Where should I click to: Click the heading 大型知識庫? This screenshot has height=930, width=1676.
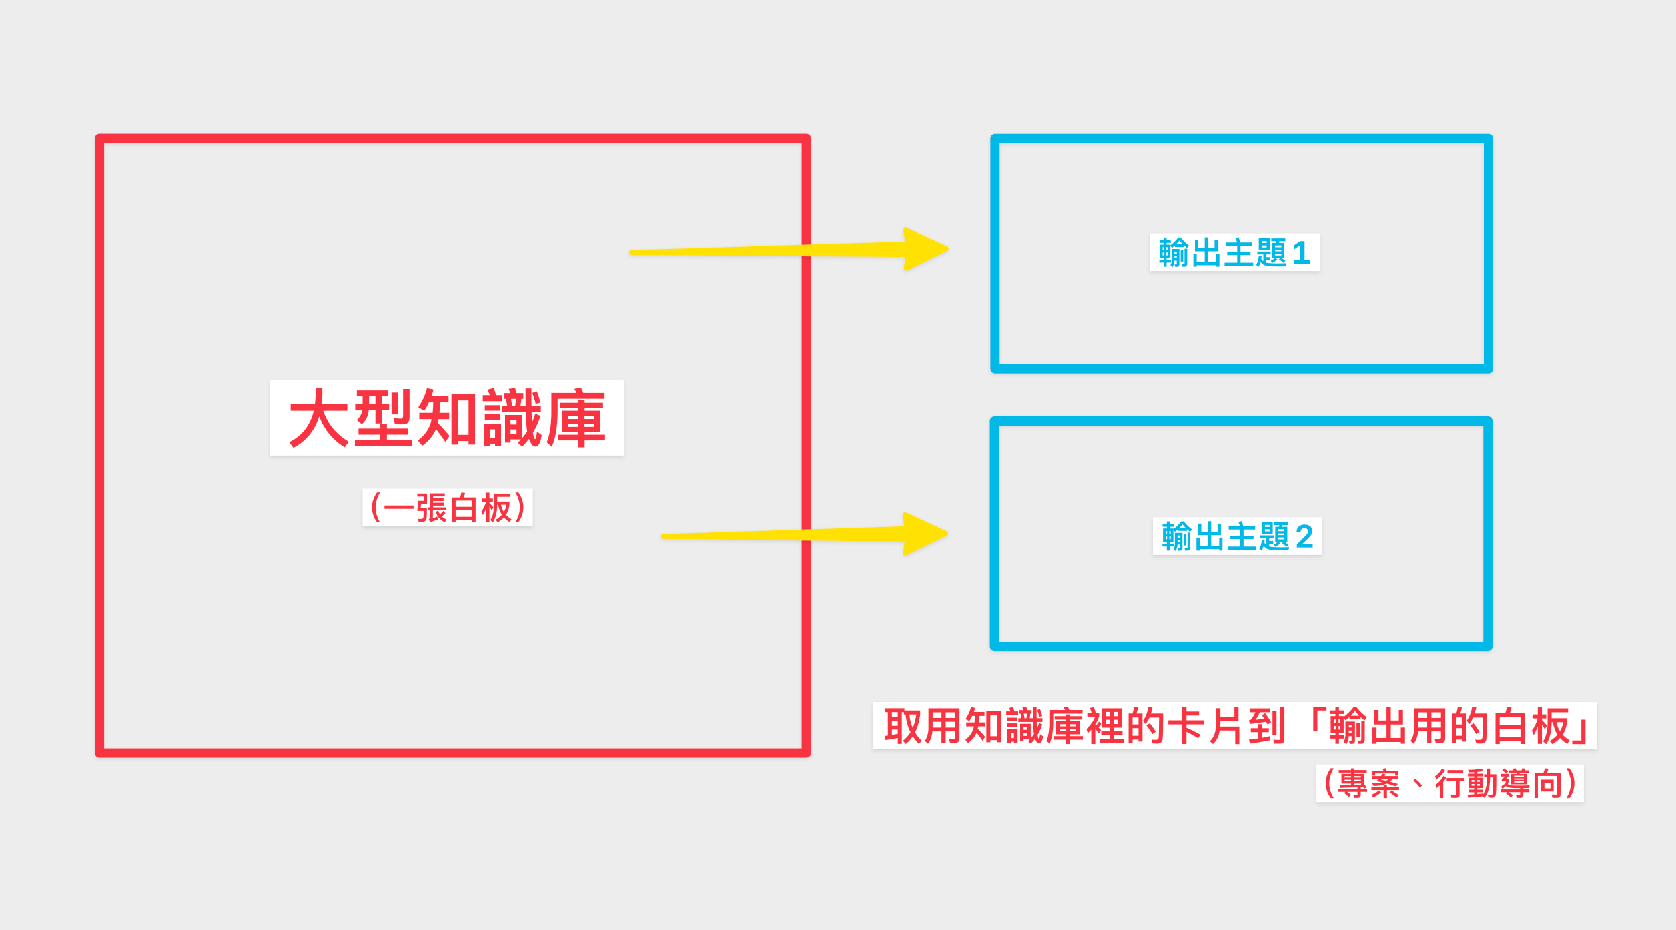click(446, 418)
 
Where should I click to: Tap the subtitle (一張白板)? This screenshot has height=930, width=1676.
click(447, 508)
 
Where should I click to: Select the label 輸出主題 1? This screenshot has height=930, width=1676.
click(1234, 252)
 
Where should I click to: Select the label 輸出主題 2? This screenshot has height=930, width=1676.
click(1237, 536)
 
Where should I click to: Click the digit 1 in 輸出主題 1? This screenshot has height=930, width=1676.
click(1301, 253)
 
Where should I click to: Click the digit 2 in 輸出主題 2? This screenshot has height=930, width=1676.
click(1304, 536)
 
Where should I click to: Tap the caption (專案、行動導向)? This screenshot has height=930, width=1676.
click(1449, 783)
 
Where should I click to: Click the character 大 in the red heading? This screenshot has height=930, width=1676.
click(319, 418)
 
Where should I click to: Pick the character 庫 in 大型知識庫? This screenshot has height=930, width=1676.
click(575, 418)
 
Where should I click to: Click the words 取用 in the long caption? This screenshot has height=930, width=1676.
click(923, 726)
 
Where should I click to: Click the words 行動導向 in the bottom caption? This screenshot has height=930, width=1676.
click(1499, 783)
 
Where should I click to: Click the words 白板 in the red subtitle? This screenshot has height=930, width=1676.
click(480, 508)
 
